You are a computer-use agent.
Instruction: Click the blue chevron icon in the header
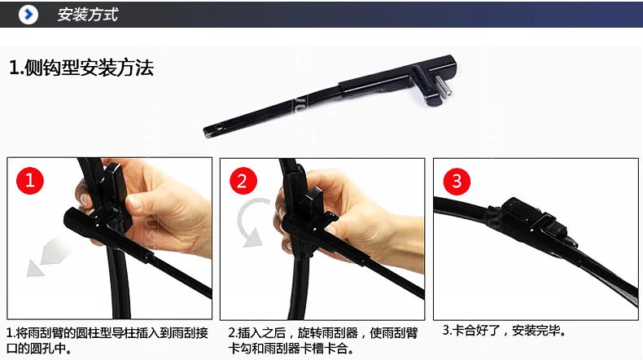[x=28, y=15]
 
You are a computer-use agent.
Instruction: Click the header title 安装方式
[x=88, y=15]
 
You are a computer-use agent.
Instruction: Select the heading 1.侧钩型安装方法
[x=81, y=68]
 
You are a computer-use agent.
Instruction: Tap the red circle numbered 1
[x=30, y=181]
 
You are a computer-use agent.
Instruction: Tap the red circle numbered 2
[x=243, y=181]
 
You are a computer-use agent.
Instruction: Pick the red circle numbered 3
[x=457, y=182]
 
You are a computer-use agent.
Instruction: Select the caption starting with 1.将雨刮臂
[x=107, y=340]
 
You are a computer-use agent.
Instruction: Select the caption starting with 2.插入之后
[x=323, y=340]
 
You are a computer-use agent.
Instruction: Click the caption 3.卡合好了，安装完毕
[x=505, y=331]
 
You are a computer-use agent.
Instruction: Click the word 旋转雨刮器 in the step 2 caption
[x=328, y=333]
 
